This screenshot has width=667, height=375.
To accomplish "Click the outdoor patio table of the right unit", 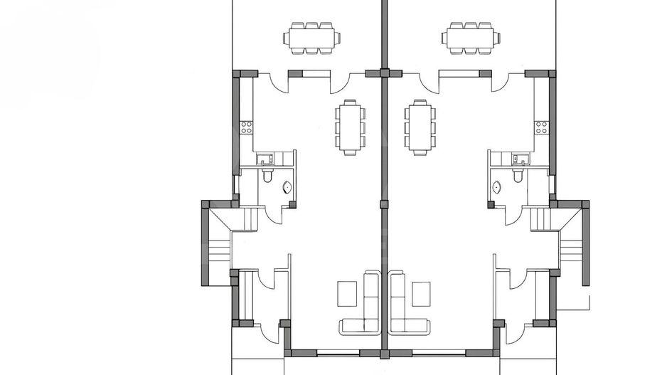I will [x=469, y=36].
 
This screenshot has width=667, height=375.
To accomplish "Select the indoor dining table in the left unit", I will [x=350, y=127].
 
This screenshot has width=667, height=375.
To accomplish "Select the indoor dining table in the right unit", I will [x=418, y=127].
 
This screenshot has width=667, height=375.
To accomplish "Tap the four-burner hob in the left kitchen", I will [x=246, y=128].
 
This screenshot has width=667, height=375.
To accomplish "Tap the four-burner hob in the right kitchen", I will [x=542, y=128].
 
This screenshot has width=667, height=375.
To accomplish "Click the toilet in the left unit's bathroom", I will [x=267, y=174].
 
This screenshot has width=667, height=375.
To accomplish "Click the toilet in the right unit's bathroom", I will [x=518, y=174].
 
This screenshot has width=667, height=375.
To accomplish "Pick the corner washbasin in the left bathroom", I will [x=287, y=188].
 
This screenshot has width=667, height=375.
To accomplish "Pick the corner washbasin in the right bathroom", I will [x=497, y=188].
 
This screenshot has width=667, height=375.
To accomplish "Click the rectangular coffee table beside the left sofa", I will [x=347, y=292].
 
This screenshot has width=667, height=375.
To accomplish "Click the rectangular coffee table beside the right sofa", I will [x=422, y=292].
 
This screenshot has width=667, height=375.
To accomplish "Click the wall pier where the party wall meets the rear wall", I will [x=384, y=73].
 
